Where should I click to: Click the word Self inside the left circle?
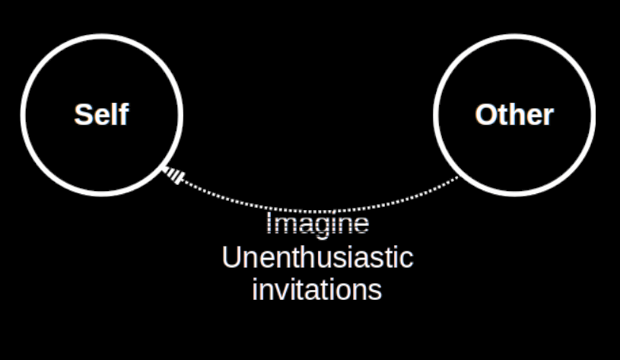click(x=101, y=115)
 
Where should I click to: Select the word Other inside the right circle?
click(x=514, y=115)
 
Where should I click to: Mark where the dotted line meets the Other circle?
click(x=459, y=177)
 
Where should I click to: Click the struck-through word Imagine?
click(x=318, y=225)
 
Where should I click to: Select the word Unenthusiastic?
click(x=317, y=257)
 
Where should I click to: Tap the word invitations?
click(x=317, y=290)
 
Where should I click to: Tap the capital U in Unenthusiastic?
click(x=231, y=257)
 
